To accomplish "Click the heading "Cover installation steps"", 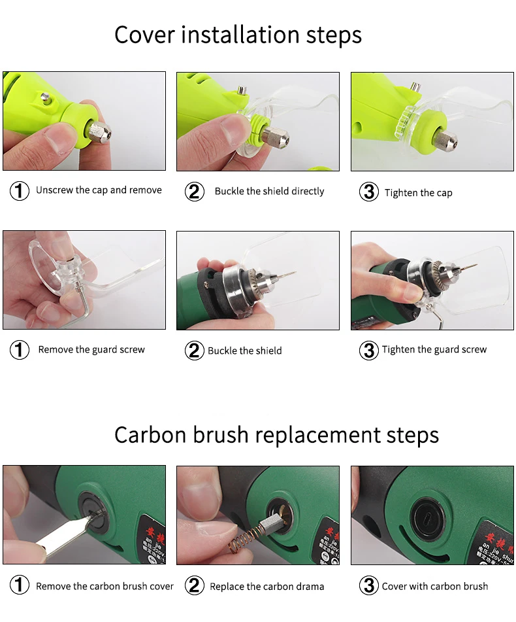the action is (238, 35).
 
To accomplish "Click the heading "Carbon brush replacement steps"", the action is (276, 435).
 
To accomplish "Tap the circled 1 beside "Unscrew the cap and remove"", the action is (20, 191).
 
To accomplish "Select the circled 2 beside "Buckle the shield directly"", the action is (195, 192).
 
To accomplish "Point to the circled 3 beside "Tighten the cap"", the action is (368, 192).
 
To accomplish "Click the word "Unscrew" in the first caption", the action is (55, 190).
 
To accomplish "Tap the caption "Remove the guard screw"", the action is (91, 350).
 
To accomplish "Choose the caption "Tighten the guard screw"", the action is (434, 350).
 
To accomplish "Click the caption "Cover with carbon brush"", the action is (435, 586).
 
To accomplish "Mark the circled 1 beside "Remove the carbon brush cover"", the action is (20, 585).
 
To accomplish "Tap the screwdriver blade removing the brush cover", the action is (67, 536).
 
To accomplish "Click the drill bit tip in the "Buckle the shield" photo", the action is (295, 271).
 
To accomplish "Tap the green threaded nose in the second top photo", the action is (257, 130).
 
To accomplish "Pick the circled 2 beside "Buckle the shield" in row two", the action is (195, 351).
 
